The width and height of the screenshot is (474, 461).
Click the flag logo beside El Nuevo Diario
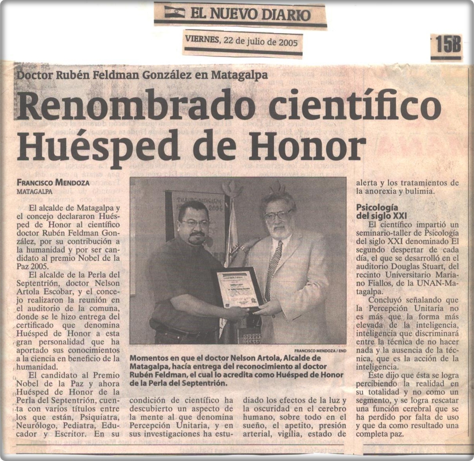(x=174, y=12)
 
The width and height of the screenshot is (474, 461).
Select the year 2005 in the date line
(x=288, y=42)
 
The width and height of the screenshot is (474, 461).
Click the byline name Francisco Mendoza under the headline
(x=53, y=183)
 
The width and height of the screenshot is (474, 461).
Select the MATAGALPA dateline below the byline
(x=35, y=191)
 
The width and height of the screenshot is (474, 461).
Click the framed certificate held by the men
(x=238, y=289)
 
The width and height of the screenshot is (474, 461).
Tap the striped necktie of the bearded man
(x=274, y=266)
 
